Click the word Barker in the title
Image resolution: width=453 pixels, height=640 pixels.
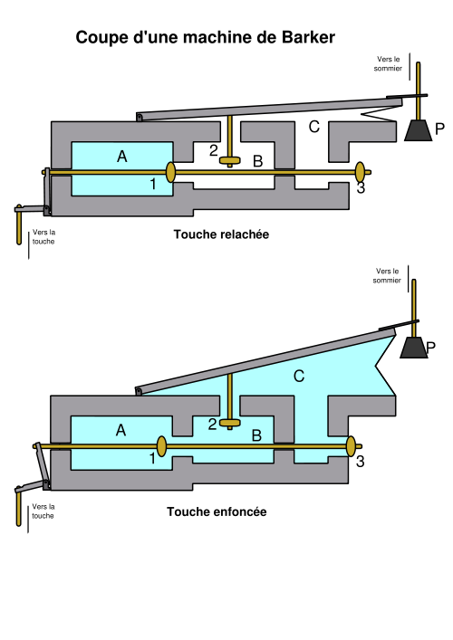pyautogui.click(x=308, y=37)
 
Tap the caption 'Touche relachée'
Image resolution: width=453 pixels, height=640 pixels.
pyautogui.click(x=221, y=234)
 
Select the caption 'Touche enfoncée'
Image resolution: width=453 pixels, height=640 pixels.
pyautogui.click(x=217, y=511)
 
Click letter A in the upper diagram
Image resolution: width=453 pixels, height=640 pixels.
pyautogui.click(x=121, y=157)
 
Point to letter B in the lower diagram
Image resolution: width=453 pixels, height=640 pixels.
pyautogui.click(x=256, y=435)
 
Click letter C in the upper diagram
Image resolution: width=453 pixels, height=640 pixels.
pyautogui.click(x=313, y=127)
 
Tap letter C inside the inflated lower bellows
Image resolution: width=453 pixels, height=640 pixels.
pyautogui.click(x=299, y=376)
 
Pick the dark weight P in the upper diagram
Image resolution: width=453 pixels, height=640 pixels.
pyautogui.click(x=418, y=130)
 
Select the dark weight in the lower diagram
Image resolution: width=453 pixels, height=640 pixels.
pyautogui.click(x=413, y=348)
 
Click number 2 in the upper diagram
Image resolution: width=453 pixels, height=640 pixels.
pyautogui.click(x=213, y=150)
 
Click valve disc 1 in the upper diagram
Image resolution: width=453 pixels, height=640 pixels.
pyautogui.click(x=170, y=172)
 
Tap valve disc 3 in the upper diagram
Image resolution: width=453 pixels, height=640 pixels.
pyautogui.click(x=360, y=172)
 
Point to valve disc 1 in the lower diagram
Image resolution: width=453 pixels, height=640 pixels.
pyautogui.click(x=162, y=446)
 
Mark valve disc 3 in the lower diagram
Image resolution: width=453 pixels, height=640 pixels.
pyautogui.click(x=351, y=446)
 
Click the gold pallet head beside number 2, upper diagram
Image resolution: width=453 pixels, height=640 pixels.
pyautogui.click(x=230, y=160)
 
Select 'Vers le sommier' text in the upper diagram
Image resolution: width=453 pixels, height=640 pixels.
pyautogui.click(x=388, y=63)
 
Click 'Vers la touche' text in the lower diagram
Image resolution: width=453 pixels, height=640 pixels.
pyautogui.click(x=43, y=511)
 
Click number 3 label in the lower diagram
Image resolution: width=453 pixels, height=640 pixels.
pyautogui.click(x=360, y=462)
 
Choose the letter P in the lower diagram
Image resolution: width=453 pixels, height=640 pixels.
pyautogui.click(x=431, y=348)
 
